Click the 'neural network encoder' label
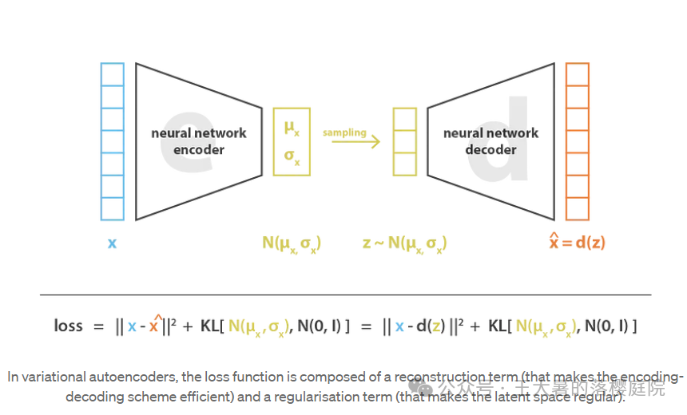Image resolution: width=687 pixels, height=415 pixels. [199, 141]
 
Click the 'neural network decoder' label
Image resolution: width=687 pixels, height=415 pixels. [490, 141]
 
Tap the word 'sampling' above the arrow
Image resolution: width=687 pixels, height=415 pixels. [344, 132]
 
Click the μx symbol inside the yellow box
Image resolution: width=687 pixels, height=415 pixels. [292, 128]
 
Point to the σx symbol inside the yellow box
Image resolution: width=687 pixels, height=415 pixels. [292, 156]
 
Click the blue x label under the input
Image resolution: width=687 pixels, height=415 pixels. [112, 243]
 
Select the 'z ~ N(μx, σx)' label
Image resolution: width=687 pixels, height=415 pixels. [404, 243]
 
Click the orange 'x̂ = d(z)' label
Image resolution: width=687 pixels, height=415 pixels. [577, 242]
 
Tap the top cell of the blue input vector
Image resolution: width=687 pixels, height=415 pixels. [113, 74]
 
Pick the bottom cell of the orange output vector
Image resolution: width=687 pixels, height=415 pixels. [577, 208]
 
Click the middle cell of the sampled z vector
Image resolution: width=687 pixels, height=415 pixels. [404, 141]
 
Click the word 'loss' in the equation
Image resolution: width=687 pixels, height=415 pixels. [68, 326]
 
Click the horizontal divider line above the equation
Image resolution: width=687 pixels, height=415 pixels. [345, 294]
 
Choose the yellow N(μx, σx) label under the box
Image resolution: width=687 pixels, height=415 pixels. [292, 243]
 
